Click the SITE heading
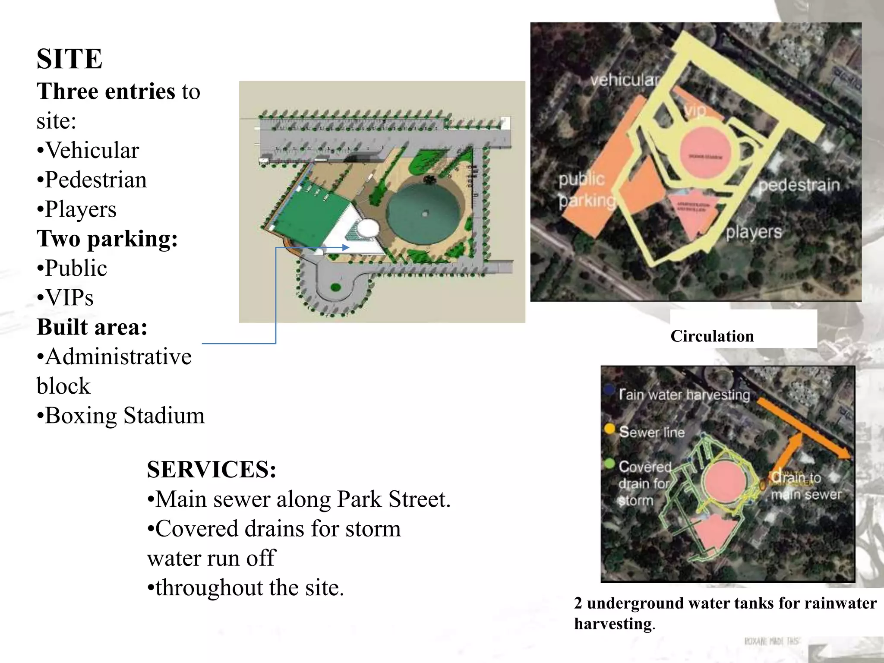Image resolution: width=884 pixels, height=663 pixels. click(x=69, y=59)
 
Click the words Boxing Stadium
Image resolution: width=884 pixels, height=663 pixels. click(x=125, y=416)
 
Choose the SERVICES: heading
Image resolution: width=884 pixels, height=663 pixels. click(x=212, y=470)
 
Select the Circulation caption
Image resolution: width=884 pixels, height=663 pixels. click(x=712, y=336)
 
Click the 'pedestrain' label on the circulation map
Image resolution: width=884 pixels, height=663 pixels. click(x=799, y=185)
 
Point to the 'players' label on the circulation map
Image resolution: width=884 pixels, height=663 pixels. click(x=753, y=232)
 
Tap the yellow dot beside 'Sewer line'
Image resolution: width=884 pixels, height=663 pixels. click(x=609, y=429)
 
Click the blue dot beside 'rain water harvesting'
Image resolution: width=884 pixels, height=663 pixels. click(x=609, y=390)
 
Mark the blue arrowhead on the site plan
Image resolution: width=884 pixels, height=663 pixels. click(x=345, y=247)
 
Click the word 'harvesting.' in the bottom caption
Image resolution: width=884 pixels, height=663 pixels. click(x=614, y=624)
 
